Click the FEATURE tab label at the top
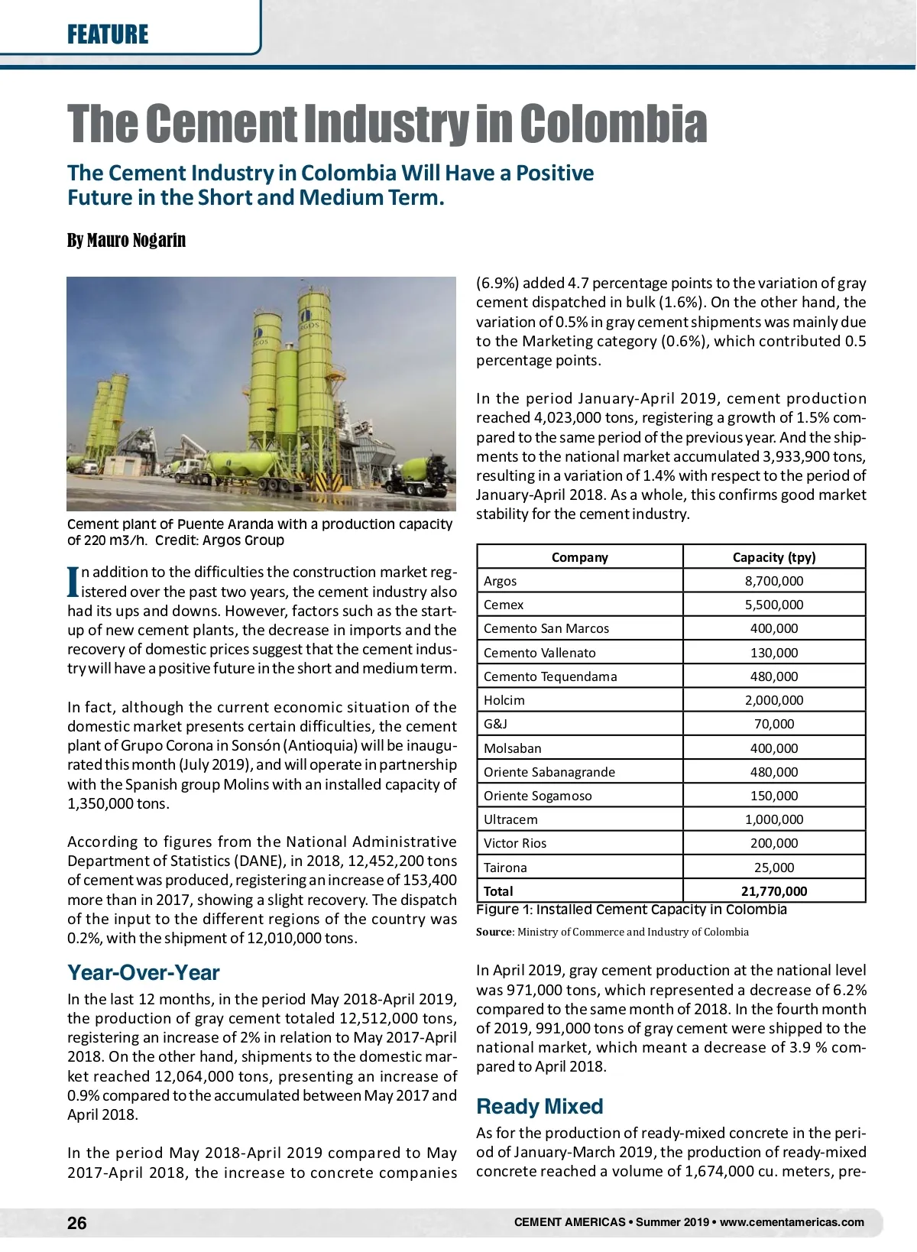[x=108, y=34]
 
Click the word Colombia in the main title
[x=614, y=124]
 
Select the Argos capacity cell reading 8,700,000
[x=773, y=581]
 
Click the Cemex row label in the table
[x=504, y=605]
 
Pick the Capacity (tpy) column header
[x=773, y=557]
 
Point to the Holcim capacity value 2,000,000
[x=773, y=700]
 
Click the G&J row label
[x=495, y=724]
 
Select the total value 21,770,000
[x=773, y=891]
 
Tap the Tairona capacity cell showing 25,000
[x=773, y=868]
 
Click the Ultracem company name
[x=510, y=819]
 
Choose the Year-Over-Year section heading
[x=143, y=972]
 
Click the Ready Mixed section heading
[x=540, y=1106]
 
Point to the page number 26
[x=77, y=1223]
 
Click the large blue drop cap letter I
[x=73, y=582]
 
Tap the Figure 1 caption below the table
[x=631, y=910]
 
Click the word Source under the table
[x=494, y=932]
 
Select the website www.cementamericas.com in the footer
[x=792, y=1222]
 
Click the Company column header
[x=579, y=557]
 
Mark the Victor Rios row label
[x=515, y=843]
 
